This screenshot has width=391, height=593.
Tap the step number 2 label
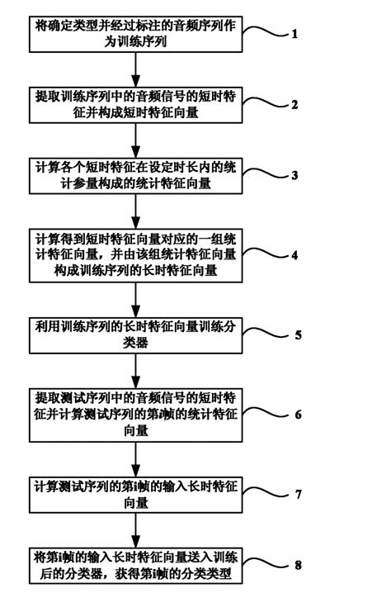(294, 104)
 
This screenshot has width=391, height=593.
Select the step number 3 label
(294, 176)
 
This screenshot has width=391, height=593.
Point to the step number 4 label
(294, 255)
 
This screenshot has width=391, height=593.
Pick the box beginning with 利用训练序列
(129, 333)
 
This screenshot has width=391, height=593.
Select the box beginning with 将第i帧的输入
(129, 563)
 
